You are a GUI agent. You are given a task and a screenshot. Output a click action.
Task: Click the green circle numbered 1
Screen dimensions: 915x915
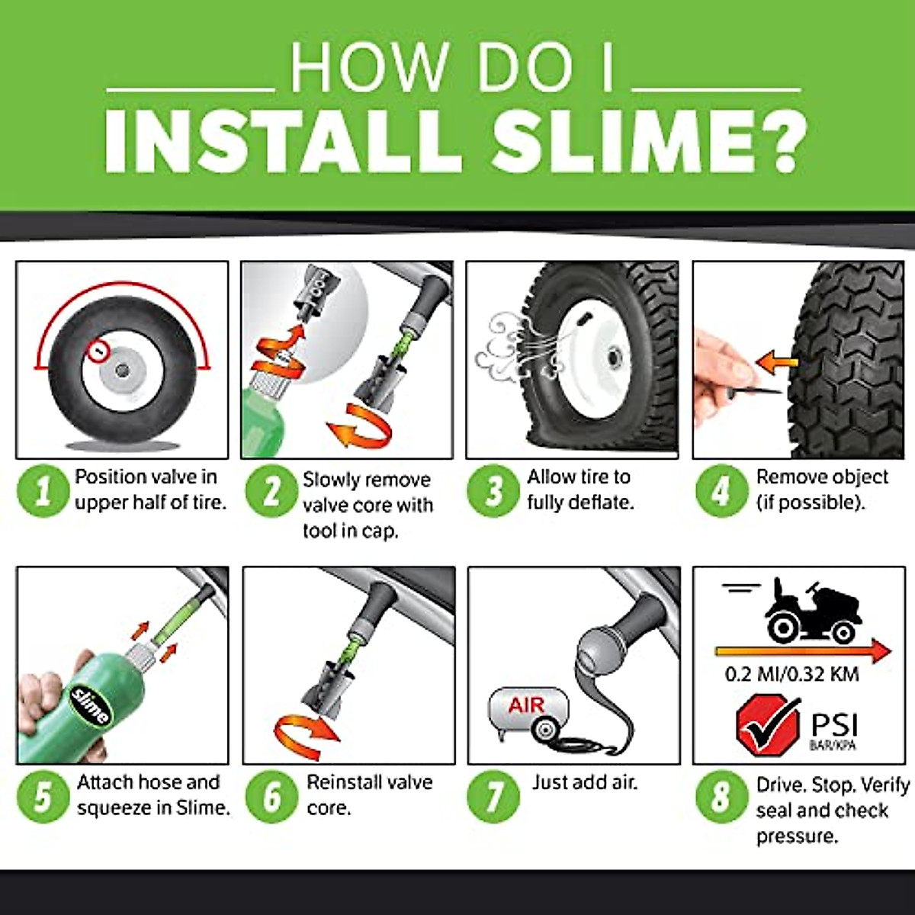pos(43,491)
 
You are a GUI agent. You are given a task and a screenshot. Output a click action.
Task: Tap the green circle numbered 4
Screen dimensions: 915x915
pos(721,491)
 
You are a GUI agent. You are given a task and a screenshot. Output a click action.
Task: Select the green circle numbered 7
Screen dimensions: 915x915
pos(494,796)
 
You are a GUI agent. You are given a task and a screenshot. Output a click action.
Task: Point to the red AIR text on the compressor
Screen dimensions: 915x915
pos(526,705)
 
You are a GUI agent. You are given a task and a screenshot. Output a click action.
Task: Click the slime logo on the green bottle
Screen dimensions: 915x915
pos(90,705)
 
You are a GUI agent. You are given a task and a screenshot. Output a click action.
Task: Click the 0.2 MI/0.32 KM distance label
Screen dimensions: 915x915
pos(791,675)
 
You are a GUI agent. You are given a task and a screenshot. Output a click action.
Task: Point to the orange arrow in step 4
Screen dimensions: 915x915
pos(776,359)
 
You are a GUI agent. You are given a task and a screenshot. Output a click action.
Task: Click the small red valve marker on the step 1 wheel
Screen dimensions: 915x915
pos(98,352)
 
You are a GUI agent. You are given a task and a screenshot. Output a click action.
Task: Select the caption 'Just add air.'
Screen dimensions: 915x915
pos(584,782)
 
